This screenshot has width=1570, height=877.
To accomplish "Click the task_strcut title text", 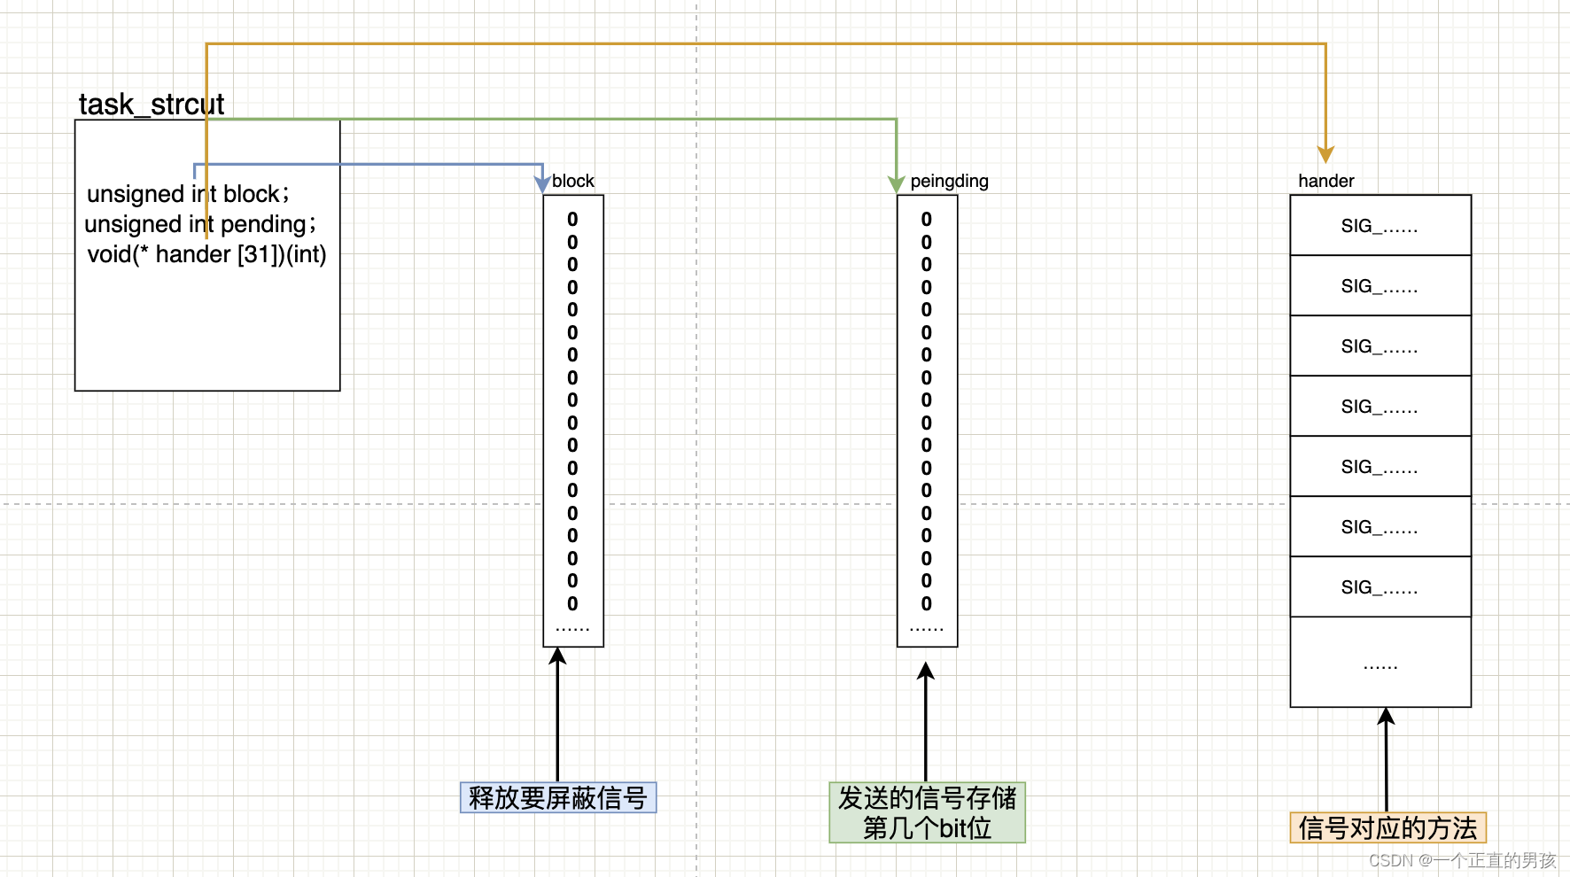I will pyautogui.click(x=151, y=105).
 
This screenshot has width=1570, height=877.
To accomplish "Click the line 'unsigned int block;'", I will pyautogui.click(x=188, y=194).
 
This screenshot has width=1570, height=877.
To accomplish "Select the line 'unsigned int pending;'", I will pyautogui.click(x=200, y=224).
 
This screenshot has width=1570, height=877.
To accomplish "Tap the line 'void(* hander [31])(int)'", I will pyautogui.click(x=206, y=254).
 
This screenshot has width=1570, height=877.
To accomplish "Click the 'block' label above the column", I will pyautogui.click(x=573, y=181).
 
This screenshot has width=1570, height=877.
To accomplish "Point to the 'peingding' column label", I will pyautogui.click(x=949, y=181).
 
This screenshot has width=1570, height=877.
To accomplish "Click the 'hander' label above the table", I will pyautogui.click(x=1325, y=181).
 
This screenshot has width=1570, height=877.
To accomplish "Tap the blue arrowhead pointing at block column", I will pyautogui.click(x=542, y=184).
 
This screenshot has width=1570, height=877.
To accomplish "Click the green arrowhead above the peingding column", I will pyautogui.click(x=896, y=184).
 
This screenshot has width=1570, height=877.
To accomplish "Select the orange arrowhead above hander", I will pyautogui.click(x=1325, y=154).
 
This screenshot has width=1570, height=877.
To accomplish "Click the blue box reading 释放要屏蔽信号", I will pyautogui.click(x=558, y=797).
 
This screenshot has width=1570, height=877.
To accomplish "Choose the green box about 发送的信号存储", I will pyautogui.click(x=927, y=812).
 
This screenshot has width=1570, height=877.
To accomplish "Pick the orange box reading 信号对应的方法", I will pyautogui.click(x=1387, y=827).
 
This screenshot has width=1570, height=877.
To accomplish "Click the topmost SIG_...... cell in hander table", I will pyautogui.click(x=1380, y=226).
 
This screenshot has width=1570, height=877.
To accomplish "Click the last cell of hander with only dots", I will pyautogui.click(x=1380, y=663).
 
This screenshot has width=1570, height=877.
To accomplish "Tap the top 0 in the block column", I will pyautogui.click(x=572, y=219).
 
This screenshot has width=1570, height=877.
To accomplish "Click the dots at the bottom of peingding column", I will pyautogui.click(x=926, y=627).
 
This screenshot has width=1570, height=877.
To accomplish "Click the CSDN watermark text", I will pyautogui.click(x=1462, y=860).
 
